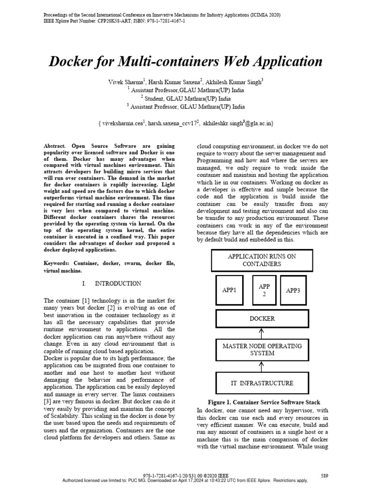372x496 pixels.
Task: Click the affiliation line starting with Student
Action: click(186, 98)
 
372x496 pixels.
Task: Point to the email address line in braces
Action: click(186, 124)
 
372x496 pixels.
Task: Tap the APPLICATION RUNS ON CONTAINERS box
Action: click(262, 260)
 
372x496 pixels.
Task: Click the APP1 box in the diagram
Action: click(229, 291)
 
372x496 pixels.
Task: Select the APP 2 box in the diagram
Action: click(261, 291)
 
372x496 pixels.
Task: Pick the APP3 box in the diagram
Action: click(293, 291)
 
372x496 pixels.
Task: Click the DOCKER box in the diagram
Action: click(262, 319)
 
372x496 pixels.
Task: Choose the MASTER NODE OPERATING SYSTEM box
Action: click(262, 350)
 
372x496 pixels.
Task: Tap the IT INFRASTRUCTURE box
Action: click(262, 383)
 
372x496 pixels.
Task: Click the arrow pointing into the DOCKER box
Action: click(262, 333)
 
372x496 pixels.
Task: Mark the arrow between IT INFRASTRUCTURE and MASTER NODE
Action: click(262, 366)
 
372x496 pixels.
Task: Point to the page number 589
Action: click(325, 476)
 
